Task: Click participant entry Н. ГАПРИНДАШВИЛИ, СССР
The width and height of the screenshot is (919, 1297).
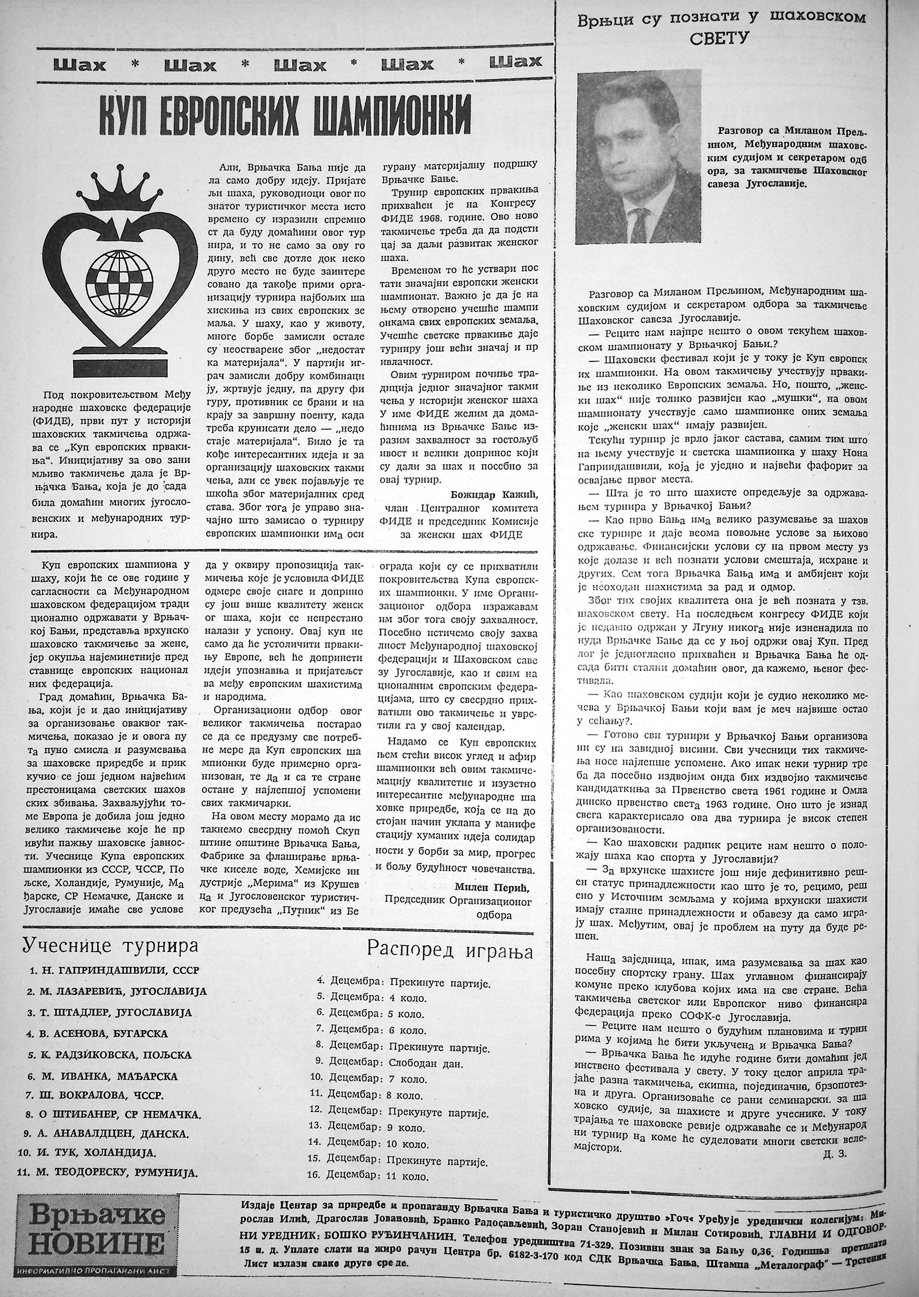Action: click(115, 970)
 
